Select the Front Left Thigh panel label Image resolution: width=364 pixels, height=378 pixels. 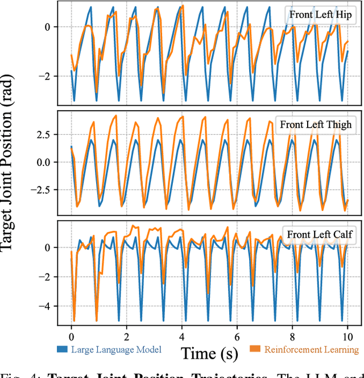click(x=316, y=124)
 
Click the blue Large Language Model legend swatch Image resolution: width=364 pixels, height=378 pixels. click(x=63, y=349)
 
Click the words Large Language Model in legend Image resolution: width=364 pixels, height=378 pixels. click(x=116, y=350)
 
